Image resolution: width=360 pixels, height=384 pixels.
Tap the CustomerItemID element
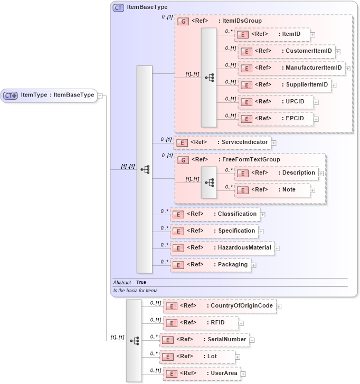click(x=286, y=51)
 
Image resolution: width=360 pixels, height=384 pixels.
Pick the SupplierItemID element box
click(x=284, y=84)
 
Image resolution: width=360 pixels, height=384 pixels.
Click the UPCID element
click(x=276, y=102)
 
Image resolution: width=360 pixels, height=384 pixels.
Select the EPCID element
click(x=276, y=119)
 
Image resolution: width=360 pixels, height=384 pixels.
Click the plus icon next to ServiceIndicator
click(x=274, y=143)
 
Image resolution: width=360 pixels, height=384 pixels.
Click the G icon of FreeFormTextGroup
click(x=183, y=160)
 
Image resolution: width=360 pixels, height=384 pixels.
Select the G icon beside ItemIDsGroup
click(x=183, y=22)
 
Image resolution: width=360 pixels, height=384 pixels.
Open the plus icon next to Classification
click(x=262, y=215)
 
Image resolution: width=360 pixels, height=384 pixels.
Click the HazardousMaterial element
click(x=222, y=248)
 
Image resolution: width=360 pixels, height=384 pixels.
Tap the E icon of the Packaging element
click(x=179, y=265)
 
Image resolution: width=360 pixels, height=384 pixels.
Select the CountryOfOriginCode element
click(x=219, y=306)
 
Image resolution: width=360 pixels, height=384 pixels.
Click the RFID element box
click(x=200, y=323)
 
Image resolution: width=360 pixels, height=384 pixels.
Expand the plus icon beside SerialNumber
click(x=252, y=340)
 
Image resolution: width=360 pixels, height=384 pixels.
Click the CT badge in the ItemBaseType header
click(x=118, y=8)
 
